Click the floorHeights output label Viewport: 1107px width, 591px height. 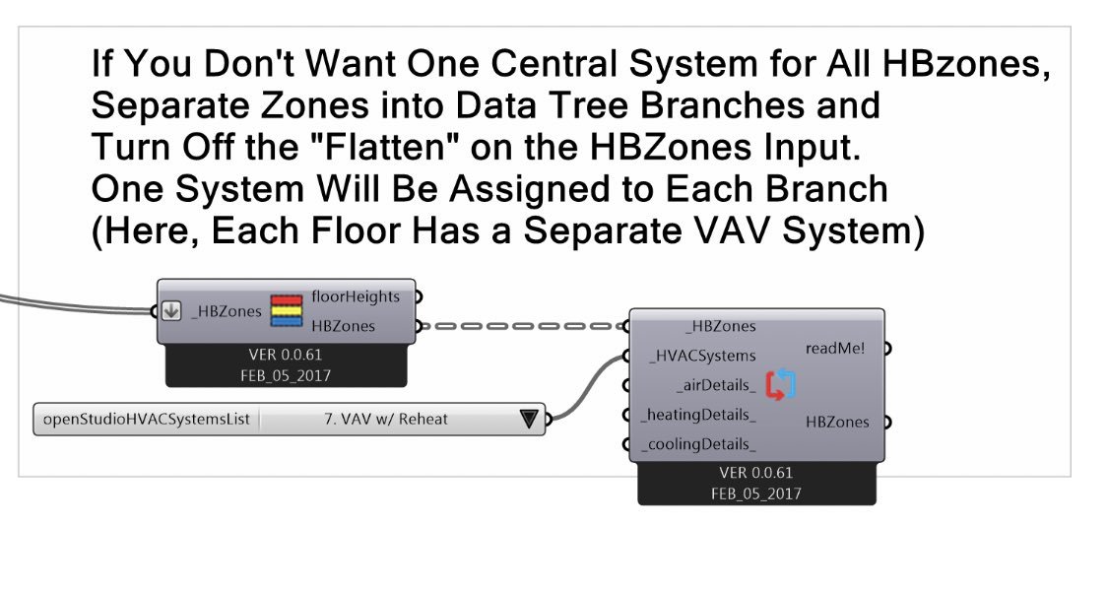(x=356, y=295)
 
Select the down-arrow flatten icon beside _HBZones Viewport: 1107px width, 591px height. (x=171, y=311)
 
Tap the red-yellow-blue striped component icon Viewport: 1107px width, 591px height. (x=286, y=310)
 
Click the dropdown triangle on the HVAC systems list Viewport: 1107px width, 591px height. (x=529, y=419)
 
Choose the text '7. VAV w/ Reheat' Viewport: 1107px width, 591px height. (x=385, y=419)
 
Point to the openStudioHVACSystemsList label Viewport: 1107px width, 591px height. (x=147, y=419)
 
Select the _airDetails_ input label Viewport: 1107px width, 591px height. (x=716, y=385)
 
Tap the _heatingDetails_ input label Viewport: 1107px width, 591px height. (x=699, y=415)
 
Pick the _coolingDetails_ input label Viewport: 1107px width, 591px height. (x=699, y=444)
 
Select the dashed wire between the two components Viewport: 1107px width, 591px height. (x=522, y=326)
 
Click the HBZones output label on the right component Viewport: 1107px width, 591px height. (x=837, y=422)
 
